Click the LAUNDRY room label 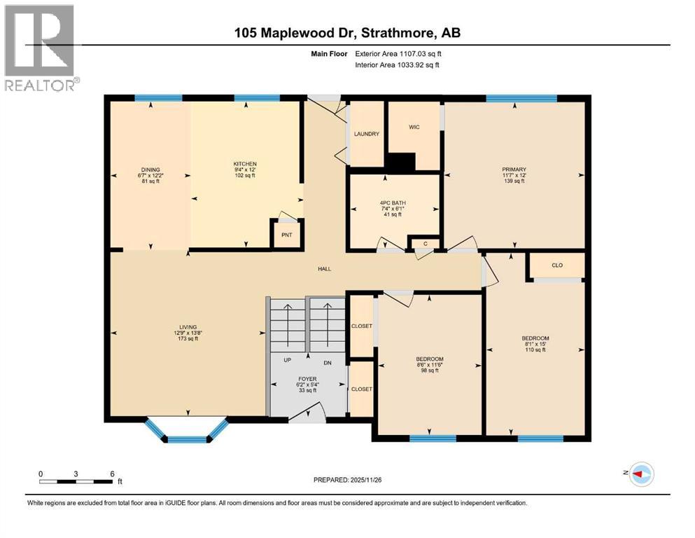(x=366, y=134)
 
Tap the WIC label (x=414, y=127)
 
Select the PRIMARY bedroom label (x=513, y=169)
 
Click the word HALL (x=323, y=268)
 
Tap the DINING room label (x=150, y=169)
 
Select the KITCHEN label (x=245, y=163)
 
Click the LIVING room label (x=187, y=327)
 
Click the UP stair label (x=288, y=361)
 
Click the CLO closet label (x=557, y=265)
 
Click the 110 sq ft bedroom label (x=535, y=343)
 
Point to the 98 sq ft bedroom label (x=430, y=364)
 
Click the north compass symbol (x=640, y=475)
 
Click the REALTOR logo (x=40, y=47)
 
